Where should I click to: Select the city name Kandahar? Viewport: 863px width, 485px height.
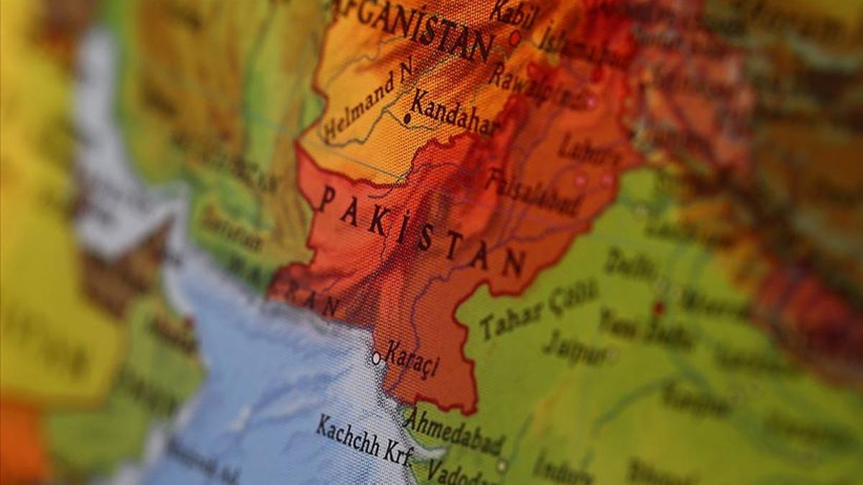click(453, 114)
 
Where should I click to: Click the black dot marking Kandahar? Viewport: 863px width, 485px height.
click(407, 119)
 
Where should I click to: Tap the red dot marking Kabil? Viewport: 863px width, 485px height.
click(515, 37)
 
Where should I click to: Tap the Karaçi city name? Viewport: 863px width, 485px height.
click(412, 357)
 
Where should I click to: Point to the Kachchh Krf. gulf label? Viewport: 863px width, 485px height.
click(363, 438)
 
